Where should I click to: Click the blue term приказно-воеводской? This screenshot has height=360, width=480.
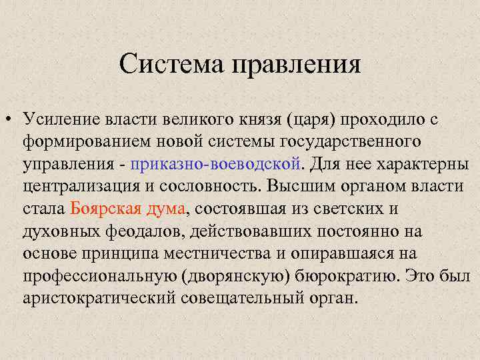point(217,164)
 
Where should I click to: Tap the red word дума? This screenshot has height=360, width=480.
point(167,208)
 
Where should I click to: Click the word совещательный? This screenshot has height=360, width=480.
point(236,297)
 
